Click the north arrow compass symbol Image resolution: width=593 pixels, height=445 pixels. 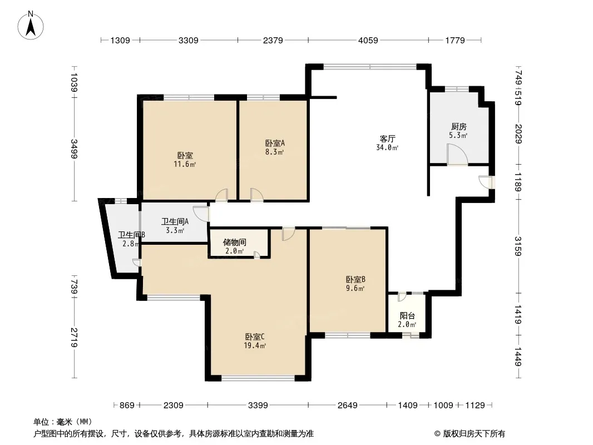[31, 26]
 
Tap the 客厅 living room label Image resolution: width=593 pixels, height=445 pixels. [388, 139]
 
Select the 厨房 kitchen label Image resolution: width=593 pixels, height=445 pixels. [458, 127]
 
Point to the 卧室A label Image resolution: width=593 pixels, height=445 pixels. [275, 144]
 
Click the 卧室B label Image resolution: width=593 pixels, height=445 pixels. [355, 280]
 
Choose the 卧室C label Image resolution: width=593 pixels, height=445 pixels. [255, 337]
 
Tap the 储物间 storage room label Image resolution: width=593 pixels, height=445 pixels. [235, 242]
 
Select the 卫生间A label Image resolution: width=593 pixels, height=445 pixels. [175, 221]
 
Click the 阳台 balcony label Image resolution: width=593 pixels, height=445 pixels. [407, 316]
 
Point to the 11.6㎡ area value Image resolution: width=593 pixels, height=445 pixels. [185, 164]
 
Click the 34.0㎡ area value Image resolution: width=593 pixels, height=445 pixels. [387, 147]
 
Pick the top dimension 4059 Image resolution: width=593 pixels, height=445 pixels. [368, 40]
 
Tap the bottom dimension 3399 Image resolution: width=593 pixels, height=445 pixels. [258, 406]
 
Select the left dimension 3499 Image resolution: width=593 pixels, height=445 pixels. [74, 149]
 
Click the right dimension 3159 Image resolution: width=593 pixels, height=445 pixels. [518, 246]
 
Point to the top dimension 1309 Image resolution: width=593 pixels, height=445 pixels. [120, 40]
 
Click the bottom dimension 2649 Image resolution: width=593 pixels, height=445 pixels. [348, 406]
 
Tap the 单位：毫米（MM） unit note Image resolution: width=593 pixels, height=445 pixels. [63, 422]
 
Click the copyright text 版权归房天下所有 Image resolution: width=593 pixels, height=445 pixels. [474, 434]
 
